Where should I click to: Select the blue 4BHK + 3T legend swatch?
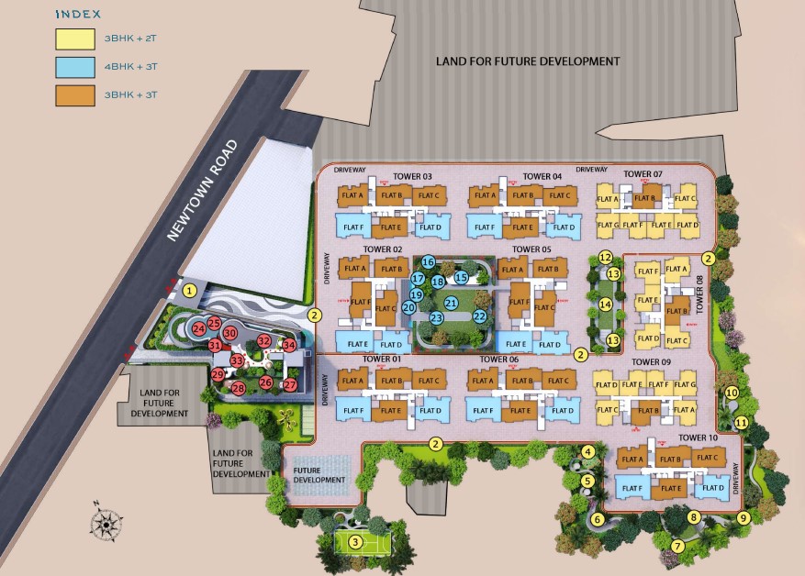74,66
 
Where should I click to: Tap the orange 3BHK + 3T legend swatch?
74,94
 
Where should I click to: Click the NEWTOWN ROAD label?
203,191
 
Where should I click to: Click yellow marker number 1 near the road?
189,291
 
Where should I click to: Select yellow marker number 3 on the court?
354,541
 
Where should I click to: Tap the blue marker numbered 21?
451,302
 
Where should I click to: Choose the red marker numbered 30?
230,333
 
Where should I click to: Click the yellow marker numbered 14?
605,304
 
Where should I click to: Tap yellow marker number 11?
741,422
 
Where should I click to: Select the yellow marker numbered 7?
678,546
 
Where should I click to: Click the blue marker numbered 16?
428,262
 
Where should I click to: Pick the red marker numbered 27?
290,385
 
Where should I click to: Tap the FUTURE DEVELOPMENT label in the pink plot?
319,475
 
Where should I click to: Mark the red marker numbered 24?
198,327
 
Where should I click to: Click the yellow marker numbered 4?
587,450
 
